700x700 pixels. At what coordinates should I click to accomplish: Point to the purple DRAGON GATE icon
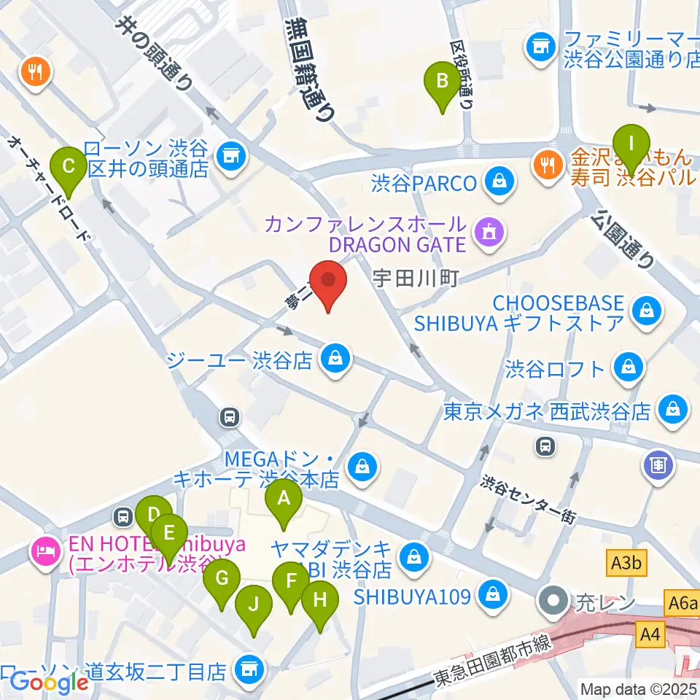click(x=484, y=233)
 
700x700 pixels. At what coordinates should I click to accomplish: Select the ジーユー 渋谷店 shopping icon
click(x=335, y=358)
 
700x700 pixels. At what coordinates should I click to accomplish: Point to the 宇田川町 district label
click(x=415, y=279)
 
